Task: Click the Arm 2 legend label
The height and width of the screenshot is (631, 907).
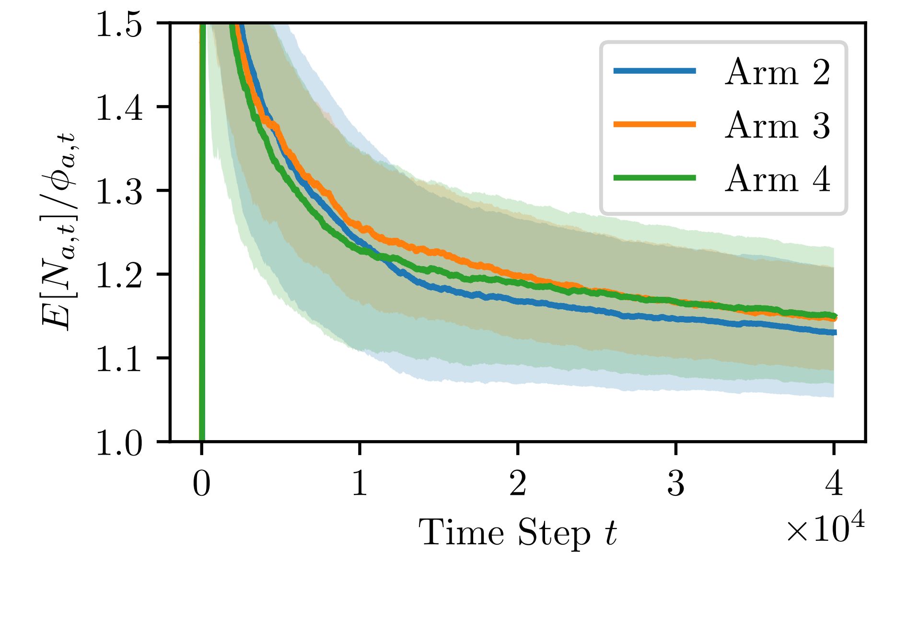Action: pyautogui.click(x=777, y=72)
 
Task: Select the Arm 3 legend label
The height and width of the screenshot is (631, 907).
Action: pyautogui.click(x=777, y=126)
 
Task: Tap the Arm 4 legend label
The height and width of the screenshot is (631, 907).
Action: pyautogui.click(x=777, y=179)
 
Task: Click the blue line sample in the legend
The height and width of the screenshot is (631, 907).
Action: pyautogui.click(x=655, y=71)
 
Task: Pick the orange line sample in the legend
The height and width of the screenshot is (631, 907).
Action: pyautogui.click(x=655, y=124)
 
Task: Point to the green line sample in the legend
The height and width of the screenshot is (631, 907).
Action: pyautogui.click(x=655, y=177)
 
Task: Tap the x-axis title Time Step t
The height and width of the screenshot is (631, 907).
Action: pyautogui.click(x=518, y=533)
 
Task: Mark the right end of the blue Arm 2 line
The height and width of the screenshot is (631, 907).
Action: pyautogui.click(x=835, y=332)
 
